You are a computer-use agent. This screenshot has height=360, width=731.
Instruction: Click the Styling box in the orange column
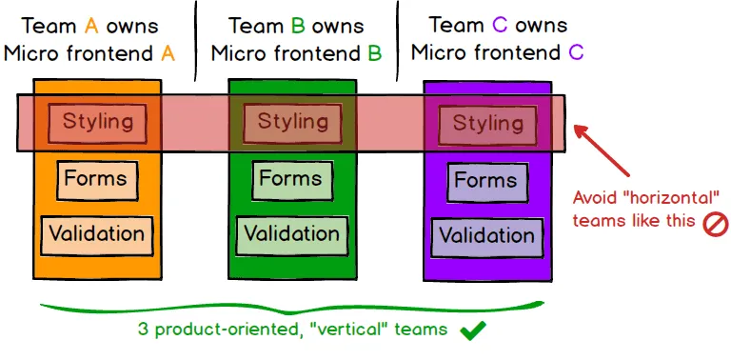[97, 122]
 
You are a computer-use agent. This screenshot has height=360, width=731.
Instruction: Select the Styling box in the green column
[292, 122]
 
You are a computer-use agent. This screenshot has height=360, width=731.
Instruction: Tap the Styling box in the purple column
[487, 123]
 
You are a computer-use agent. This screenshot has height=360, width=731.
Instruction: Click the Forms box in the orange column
[94, 179]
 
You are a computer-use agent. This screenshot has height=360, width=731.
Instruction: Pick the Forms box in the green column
[290, 179]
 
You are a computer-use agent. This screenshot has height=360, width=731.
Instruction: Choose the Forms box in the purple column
[485, 181]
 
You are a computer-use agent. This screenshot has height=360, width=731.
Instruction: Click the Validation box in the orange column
[96, 233]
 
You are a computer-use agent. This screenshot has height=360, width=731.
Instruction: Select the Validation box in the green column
[291, 233]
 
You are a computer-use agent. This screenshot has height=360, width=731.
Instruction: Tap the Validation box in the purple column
[486, 235]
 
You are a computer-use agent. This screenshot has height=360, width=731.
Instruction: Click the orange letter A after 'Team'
[93, 26]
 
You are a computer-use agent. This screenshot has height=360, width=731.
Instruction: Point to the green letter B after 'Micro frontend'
[375, 53]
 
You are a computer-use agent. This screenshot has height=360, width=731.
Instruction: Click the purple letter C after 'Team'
[496, 25]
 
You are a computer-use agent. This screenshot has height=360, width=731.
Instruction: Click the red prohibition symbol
[714, 225]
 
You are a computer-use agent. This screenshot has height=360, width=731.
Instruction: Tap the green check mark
[473, 331]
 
